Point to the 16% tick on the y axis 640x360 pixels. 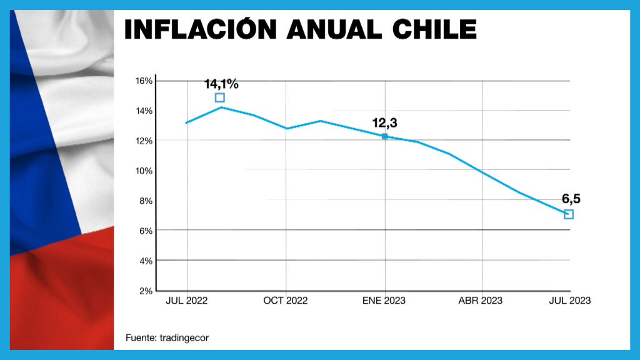pyautogui.click(x=144, y=81)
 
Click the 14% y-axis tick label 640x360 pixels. pyautogui.click(x=144, y=111)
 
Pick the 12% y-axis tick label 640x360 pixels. pyautogui.click(x=144, y=141)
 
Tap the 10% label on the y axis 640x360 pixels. pyautogui.click(x=144, y=171)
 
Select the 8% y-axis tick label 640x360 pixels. pyautogui.click(x=146, y=201)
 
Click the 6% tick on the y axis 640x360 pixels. pyautogui.click(x=146, y=231)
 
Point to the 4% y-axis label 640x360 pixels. pyautogui.click(x=146, y=261)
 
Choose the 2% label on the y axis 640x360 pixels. pyautogui.click(x=146, y=291)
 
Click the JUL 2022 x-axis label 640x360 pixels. pyautogui.click(x=186, y=301)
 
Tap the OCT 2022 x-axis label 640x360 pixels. pyautogui.click(x=286, y=301)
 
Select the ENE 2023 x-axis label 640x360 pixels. pyautogui.click(x=384, y=301)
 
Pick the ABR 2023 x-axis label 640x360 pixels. pyautogui.click(x=481, y=301)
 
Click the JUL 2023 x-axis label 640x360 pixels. pyautogui.click(x=569, y=301)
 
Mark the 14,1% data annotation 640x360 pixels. pyautogui.click(x=221, y=84)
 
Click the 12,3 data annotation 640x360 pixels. pyautogui.click(x=384, y=123)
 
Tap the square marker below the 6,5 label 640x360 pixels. pyautogui.click(x=569, y=214)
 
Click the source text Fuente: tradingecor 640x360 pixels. pyautogui.click(x=167, y=337)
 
